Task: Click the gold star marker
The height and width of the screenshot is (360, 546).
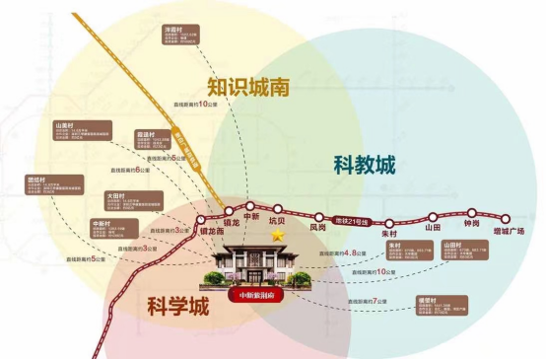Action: tap(278, 237)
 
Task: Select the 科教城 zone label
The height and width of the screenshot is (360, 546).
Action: tap(364, 165)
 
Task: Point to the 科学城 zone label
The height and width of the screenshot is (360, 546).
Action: tap(172, 307)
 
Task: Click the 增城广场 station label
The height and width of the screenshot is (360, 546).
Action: tap(508, 230)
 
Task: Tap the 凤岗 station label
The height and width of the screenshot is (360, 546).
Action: tap(317, 227)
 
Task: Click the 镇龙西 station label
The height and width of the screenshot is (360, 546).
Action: tap(212, 233)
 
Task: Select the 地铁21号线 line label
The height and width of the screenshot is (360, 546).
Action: tap(351, 219)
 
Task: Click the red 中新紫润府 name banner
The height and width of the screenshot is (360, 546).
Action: tap(259, 294)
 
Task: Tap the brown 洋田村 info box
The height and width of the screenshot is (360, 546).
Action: tap(180, 38)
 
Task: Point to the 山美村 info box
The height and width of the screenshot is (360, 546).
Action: tap(81, 134)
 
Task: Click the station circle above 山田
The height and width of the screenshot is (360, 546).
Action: tap(431, 215)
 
